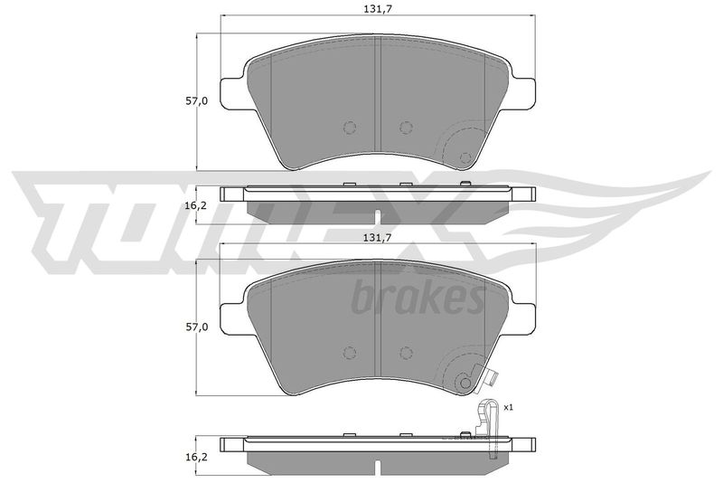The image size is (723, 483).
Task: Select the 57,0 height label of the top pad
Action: coord(197,101)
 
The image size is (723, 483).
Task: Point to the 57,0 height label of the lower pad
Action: coord(197,327)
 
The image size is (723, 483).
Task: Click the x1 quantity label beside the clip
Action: coord(509,407)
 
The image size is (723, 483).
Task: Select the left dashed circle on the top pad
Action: coord(350,128)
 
